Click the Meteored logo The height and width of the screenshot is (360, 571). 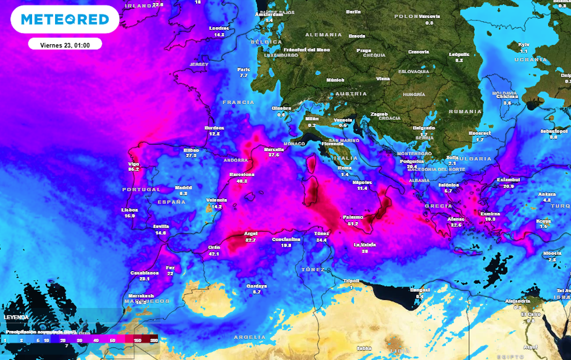[x=65, y=19]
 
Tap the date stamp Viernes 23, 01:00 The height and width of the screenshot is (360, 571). [x=65, y=45]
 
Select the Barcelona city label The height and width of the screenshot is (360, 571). [x=241, y=174]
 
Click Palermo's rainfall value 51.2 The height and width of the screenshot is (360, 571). [x=353, y=224]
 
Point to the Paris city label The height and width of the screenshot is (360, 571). [x=244, y=69]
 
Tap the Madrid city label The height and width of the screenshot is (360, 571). [x=183, y=188]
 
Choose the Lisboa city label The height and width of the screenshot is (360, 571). [x=130, y=209]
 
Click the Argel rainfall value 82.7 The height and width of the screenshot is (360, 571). [x=250, y=240]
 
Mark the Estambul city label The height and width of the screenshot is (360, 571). [x=508, y=179]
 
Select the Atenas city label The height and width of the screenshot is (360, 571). [x=455, y=218]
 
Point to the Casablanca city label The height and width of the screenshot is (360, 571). [x=145, y=272]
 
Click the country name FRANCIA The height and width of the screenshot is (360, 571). [x=238, y=102]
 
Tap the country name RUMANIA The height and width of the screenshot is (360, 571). [x=465, y=111]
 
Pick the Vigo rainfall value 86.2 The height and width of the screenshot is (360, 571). [x=134, y=169]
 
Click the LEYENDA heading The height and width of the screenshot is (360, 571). [x=16, y=316]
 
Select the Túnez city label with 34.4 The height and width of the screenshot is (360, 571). [x=321, y=233]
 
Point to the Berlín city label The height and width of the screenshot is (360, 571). [x=353, y=11]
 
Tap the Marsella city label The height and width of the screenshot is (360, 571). [x=274, y=148]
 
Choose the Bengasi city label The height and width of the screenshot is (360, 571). [x=420, y=290]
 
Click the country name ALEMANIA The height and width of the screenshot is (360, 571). [x=324, y=34]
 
